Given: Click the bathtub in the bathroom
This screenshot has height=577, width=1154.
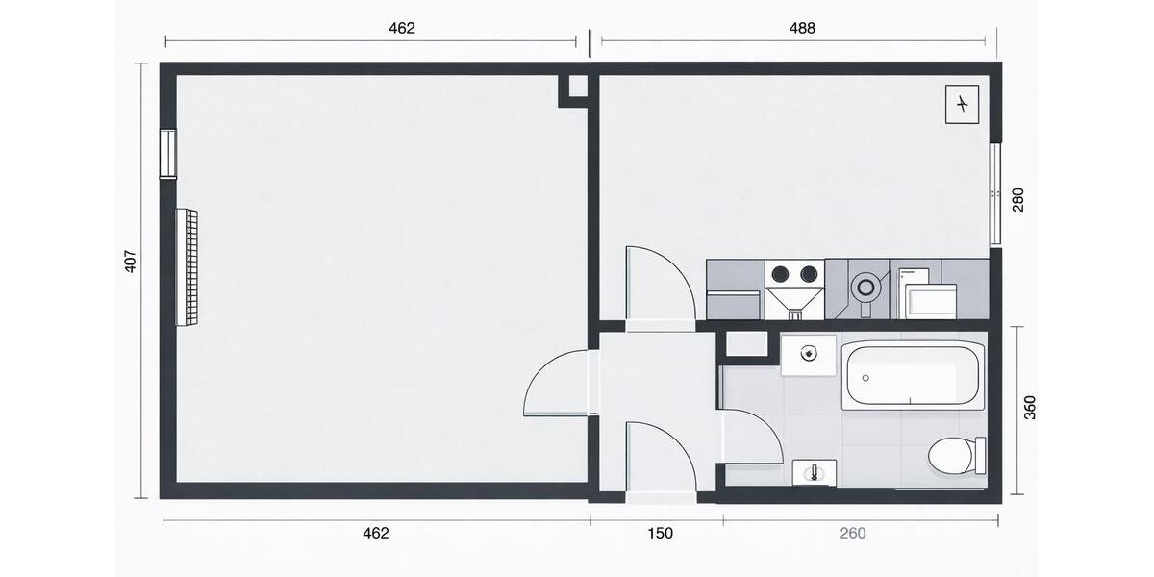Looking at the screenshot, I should click(914, 376).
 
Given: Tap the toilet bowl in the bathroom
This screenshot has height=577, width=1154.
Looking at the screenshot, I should click(951, 455).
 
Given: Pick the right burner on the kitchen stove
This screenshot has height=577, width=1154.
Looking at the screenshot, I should click(809, 273).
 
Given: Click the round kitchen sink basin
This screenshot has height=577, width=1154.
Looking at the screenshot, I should click(866, 286).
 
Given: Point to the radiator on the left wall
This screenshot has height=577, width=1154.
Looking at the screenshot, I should click(187, 266).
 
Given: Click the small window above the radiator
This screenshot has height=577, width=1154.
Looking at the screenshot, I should click(168, 154).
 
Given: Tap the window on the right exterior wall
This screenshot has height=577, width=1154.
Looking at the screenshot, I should click(996, 195).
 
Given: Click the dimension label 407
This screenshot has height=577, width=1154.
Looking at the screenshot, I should click(131, 262).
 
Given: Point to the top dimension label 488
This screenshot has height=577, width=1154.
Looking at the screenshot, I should click(802, 29).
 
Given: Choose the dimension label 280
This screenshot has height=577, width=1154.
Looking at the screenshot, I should click(1018, 199).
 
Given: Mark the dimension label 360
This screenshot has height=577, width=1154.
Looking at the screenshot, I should click(1030, 409).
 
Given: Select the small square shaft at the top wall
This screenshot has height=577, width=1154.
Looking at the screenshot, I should click(577, 87).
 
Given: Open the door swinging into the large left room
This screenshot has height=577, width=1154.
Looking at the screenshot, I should click(558, 385).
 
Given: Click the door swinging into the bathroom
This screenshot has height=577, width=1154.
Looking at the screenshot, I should click(750, 438).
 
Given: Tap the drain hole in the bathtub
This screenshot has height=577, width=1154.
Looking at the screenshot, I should click(865, 378).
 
